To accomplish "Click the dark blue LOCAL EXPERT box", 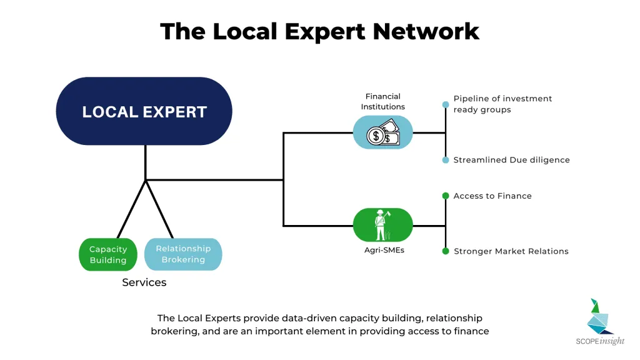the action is click(x=144, y=111).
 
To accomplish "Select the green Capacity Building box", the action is click(x=108, y=254).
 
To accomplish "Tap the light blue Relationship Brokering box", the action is click(x=183, y=254).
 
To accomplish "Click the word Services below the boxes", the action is click(x=144, y=282).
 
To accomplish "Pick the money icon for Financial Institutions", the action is click(x=383, y=132).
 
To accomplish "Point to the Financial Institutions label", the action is click(x=383, y=101).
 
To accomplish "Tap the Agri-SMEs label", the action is click(x=384, y=250).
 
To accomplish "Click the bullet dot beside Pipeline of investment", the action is click(x=446, y=105).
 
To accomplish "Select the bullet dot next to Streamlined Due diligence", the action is click(x=446, y=160).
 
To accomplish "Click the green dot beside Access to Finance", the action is click(x=446, y=196).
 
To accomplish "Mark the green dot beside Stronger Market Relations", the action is click(x=446, y=251).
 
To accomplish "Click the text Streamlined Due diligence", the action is click(x=511, y=160).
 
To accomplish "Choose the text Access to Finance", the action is click(x=492, y=196).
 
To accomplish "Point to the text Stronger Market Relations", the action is click(x=511, y=251).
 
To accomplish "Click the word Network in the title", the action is click(x=426, y=31).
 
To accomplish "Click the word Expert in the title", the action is click(x=325, y=32).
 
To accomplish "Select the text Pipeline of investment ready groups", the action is click(x=502, y=104).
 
